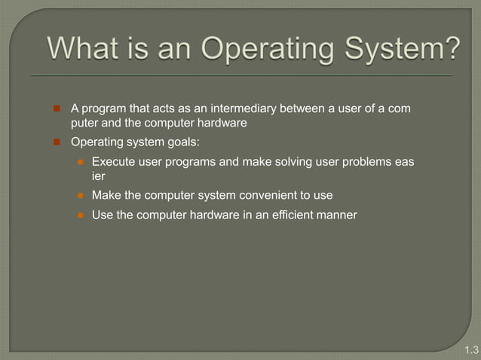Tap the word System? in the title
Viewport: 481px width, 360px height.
tap(399, 51)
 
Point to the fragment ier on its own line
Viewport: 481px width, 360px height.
tap(98, 175)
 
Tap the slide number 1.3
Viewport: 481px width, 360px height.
tap(471, 349)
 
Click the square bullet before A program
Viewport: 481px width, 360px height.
tap(56, 109)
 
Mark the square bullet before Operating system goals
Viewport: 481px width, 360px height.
tap(56, 141)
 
